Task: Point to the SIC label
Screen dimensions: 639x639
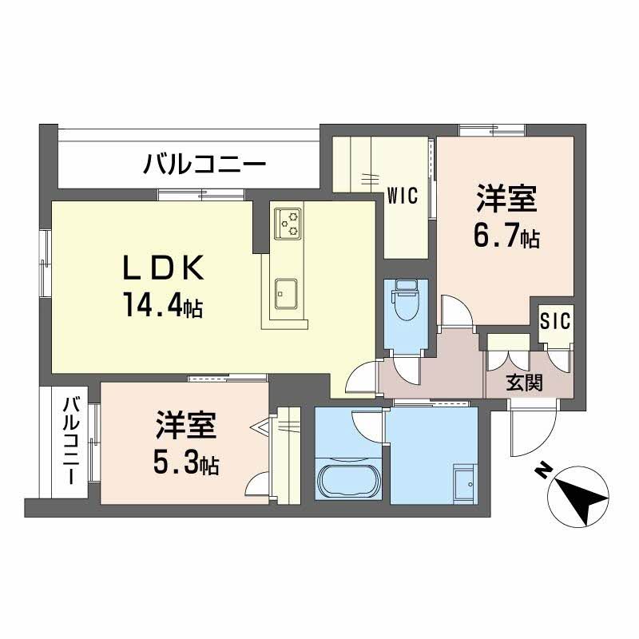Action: [554, 321]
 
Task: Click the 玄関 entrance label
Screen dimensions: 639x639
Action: [525, 383]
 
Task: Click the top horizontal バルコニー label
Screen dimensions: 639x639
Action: [204, 166]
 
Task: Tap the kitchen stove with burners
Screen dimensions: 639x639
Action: [288, 224]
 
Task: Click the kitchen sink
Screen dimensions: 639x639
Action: [286, 293]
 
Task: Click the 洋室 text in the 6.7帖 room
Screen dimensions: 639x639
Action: [507, 198]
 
